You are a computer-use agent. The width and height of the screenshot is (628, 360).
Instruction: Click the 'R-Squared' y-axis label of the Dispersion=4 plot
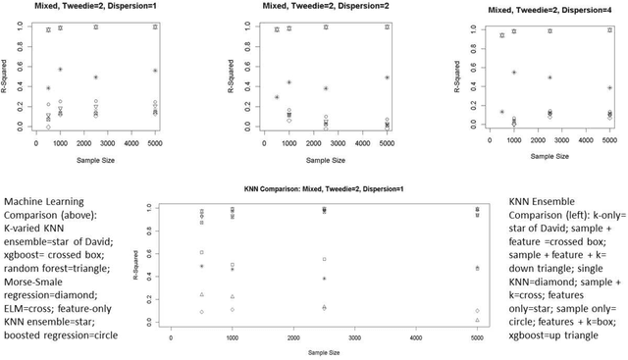tap(454, 75)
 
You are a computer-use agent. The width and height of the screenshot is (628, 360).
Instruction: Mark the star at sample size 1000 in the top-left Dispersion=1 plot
tap(60, 70)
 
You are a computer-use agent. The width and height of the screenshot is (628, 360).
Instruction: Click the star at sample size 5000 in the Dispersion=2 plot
tap(388, 77)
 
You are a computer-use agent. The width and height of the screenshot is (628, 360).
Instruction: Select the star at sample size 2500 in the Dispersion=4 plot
tap(550, 77)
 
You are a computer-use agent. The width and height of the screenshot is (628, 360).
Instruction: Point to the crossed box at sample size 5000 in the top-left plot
tap(155, 27)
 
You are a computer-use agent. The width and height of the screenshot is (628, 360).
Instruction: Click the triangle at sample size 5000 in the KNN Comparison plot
tap(478, 320)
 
